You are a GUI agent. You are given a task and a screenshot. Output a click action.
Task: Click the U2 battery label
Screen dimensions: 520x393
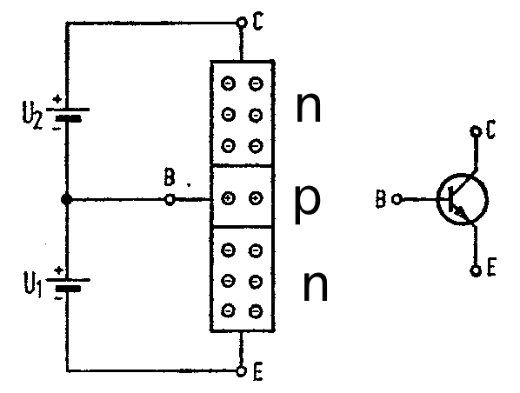[32, 116]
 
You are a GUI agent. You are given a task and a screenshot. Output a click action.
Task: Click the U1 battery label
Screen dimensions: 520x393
[32, 284]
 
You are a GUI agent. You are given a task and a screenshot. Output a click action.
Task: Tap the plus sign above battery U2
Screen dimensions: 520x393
[58, 98]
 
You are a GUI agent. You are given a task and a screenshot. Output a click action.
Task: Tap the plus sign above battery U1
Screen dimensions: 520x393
[59, 270]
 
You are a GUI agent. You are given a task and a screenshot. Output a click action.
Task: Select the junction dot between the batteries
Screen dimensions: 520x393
[67, 199]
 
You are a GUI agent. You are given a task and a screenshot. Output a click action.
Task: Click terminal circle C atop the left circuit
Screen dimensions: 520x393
[242, 23]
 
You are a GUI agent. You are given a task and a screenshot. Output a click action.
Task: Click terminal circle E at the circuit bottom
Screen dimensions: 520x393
[242, 370]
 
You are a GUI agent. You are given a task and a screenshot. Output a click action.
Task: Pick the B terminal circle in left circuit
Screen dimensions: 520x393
[170, 200]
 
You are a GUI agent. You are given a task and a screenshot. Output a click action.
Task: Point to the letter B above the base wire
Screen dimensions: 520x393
[170, 177]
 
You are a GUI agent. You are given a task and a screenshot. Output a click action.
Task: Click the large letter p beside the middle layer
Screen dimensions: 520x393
[308, 203]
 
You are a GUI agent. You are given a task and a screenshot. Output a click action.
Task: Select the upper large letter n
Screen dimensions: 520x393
[309, 108]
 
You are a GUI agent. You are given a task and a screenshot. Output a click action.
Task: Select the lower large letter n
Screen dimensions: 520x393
[315, 286]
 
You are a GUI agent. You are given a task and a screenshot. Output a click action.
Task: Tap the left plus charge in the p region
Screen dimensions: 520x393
[228, 198]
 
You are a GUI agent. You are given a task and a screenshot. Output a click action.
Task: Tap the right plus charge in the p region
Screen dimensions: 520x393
[256, 198]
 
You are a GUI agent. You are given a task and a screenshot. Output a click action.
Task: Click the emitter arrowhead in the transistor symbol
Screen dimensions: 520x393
[460, 212]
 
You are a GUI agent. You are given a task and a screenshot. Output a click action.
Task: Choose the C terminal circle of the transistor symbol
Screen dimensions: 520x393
[476, 131]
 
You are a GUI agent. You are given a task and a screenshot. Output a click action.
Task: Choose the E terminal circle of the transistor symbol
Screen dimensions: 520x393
[476, 270]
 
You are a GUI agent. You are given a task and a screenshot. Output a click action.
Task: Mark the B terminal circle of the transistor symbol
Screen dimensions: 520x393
[397, 199]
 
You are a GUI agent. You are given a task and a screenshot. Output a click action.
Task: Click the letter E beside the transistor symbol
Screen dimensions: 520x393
[491, 267]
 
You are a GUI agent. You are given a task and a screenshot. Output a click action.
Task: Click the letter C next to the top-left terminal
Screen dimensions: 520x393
[257, 21]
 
